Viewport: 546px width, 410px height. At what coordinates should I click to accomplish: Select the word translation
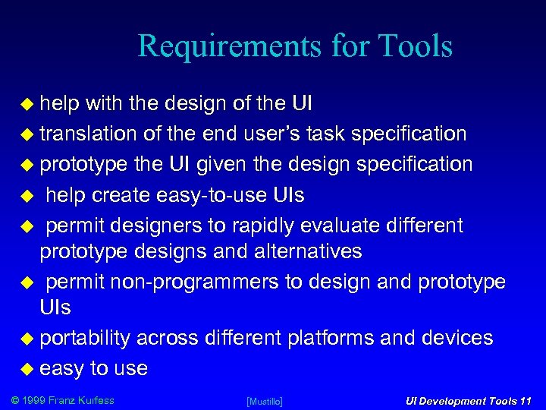(x=88, y=134)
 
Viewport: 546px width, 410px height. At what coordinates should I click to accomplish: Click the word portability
(x=85, y=338)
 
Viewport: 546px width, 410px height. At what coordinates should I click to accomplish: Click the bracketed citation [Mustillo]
(x=265, y=401)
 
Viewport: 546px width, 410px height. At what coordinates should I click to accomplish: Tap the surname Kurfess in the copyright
(x=93, y=400)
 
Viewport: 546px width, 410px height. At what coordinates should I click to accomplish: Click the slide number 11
(x=525, y=401)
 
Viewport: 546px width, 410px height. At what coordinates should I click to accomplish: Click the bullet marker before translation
(x=30, y=134)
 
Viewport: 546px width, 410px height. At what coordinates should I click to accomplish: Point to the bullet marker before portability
(x=30, y=339)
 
